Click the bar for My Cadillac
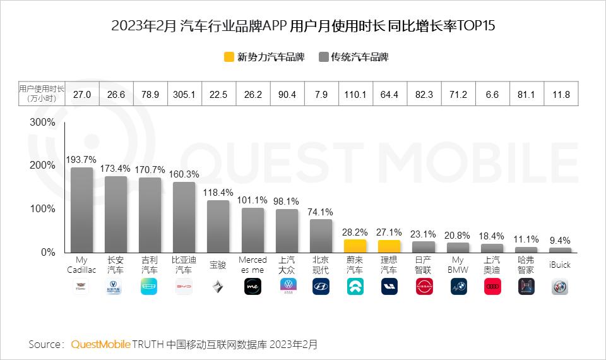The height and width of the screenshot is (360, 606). [81, 210]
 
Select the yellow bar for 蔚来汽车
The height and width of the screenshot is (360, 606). [355, 246]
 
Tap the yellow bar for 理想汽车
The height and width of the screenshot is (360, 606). [389, 246]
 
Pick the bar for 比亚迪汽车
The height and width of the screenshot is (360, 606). [184, 217]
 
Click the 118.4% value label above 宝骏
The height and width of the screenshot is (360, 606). [218, 192]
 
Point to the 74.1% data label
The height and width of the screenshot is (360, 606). [321, 212]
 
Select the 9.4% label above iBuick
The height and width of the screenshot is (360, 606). [559, 240]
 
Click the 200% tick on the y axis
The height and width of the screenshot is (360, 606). [44, 165]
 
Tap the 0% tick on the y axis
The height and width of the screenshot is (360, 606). [48, 252]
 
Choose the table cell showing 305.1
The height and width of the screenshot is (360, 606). [184, 95]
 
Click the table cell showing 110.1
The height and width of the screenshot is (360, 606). [355, 95]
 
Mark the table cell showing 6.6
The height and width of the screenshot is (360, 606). [492, 95]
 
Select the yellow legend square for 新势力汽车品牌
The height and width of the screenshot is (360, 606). [229, 57]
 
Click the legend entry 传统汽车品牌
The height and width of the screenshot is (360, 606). [353, 57]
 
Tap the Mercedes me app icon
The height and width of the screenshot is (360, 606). [252, 287]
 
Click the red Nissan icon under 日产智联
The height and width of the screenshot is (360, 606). [424, 287]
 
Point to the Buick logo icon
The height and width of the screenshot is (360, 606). [559, 287]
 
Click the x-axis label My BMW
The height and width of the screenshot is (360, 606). [458, 265]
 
